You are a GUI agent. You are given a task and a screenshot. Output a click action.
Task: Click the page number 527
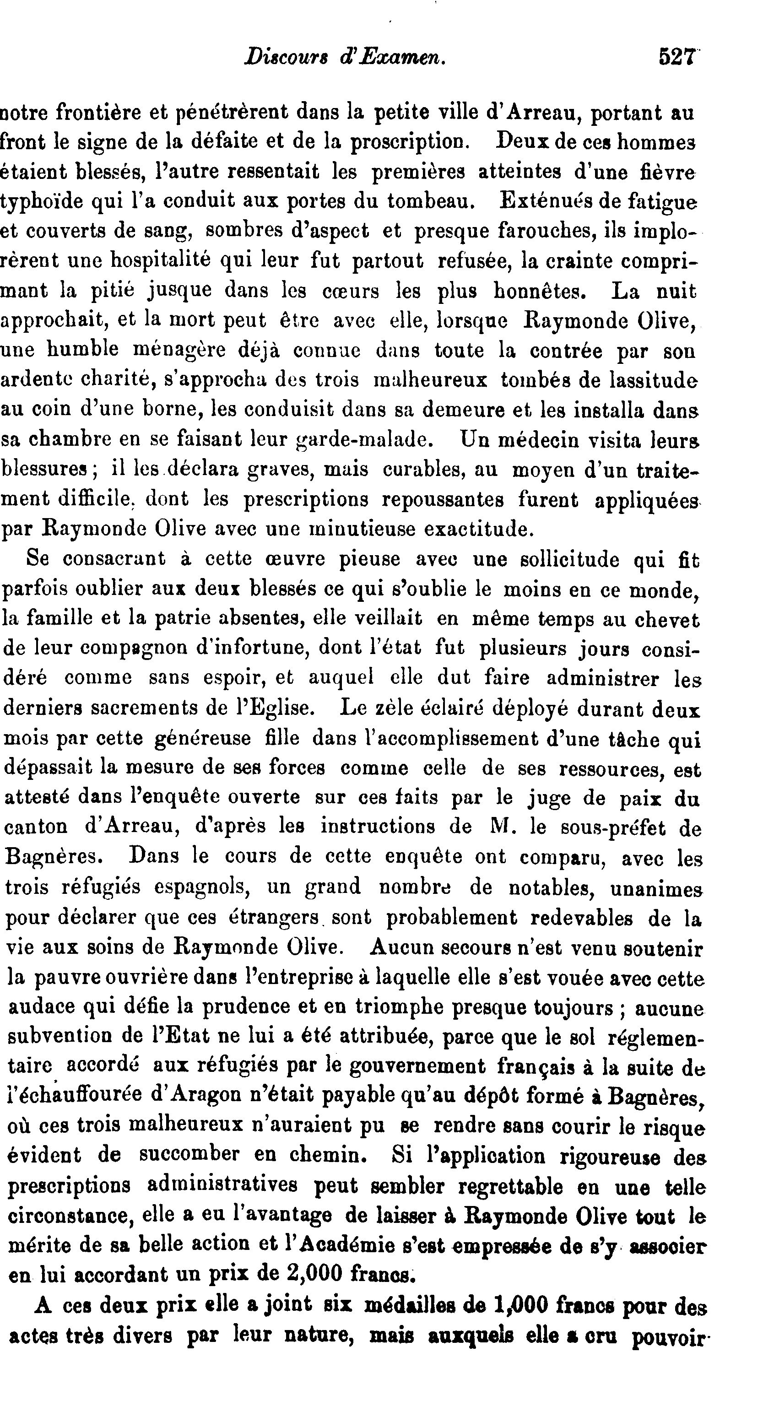[x=676, y=57]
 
